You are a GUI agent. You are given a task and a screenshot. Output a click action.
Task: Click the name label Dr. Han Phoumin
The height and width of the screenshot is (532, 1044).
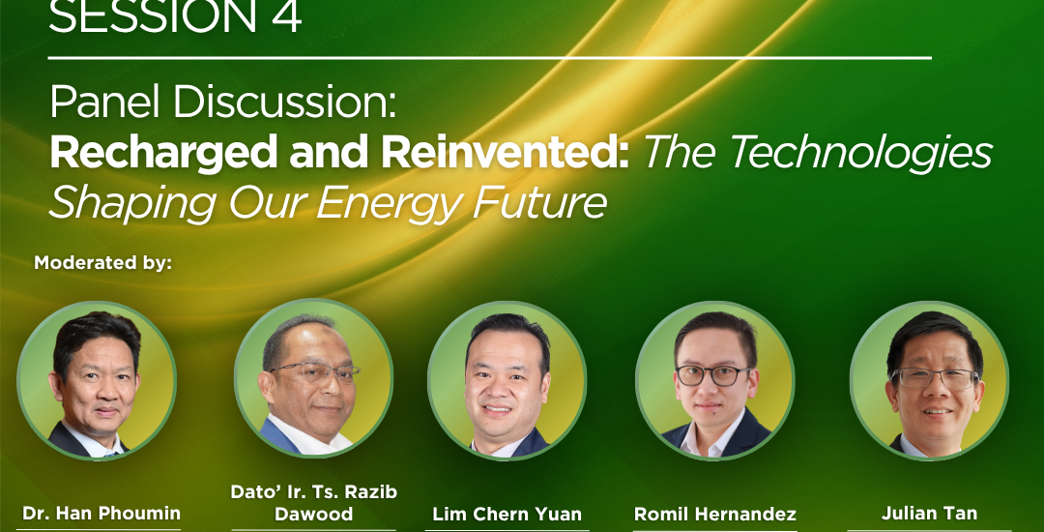pos(101,514)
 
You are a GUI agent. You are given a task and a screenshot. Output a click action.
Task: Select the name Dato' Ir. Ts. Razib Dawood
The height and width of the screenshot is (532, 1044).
pos(313,503)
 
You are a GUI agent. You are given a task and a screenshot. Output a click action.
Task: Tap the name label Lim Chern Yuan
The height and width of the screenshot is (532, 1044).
pos(507,514)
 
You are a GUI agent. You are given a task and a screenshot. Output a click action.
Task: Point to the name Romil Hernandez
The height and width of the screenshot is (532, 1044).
pos(714,514)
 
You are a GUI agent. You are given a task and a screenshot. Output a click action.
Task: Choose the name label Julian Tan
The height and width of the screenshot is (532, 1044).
pos(929,514)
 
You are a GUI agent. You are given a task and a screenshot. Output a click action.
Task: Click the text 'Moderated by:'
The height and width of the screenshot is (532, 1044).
pos(103,262)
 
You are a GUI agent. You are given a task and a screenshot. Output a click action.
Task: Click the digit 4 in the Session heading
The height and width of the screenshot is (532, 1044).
pos(285,16)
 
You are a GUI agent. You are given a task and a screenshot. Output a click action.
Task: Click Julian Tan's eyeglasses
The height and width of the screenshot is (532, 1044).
pos(936,378)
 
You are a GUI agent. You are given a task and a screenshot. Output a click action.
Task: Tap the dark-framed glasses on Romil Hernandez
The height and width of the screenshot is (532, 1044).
pos(713,375)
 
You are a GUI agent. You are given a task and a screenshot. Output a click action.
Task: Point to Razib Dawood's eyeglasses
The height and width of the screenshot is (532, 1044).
pos(315,371)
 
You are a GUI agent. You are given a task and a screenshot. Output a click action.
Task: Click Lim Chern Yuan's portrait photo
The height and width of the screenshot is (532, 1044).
pos(507,380)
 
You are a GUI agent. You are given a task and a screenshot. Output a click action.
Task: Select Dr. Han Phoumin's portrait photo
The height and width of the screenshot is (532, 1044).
pos(97,380)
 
